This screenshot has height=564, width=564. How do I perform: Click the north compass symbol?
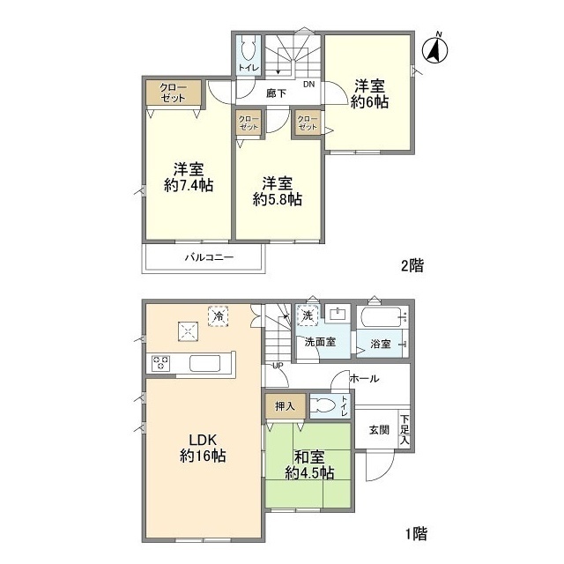[x=434, y=49]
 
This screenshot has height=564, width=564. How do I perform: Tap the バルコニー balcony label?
[x=210, y=257]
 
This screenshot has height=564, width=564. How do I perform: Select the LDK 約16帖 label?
[x=203, y=448]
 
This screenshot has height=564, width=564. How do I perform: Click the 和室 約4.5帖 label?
[x=309, y=465]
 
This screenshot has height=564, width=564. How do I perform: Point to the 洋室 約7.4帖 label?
[x=189, y=177]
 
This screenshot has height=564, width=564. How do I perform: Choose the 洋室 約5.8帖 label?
[x=277, y=191]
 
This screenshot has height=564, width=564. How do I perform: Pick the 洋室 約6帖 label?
[x=370, y=94]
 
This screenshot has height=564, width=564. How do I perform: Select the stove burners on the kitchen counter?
[x=160, y=362]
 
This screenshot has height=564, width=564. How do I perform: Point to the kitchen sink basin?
[x=204, y=363]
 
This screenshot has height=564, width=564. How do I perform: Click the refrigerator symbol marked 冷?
[x=219, y=316]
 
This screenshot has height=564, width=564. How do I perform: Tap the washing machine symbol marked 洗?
[x=308, y=315]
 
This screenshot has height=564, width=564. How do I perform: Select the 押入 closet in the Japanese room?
[x=286, y=406]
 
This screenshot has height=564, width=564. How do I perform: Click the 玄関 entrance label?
[x=379, y=429]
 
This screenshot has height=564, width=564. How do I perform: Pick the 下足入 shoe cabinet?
[x=404, y=429]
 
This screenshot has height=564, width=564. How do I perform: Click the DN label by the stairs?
[x=308, y=85]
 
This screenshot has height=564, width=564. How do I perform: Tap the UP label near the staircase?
[x=278, y=366]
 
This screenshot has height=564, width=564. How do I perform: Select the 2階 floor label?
[x=412, y=265]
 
